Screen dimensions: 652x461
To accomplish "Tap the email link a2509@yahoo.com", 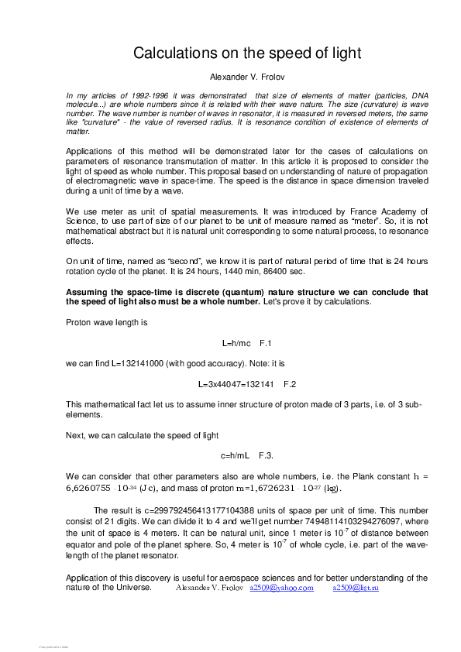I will tap(281, 589).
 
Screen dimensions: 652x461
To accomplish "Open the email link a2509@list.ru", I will tap(356, 589).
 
